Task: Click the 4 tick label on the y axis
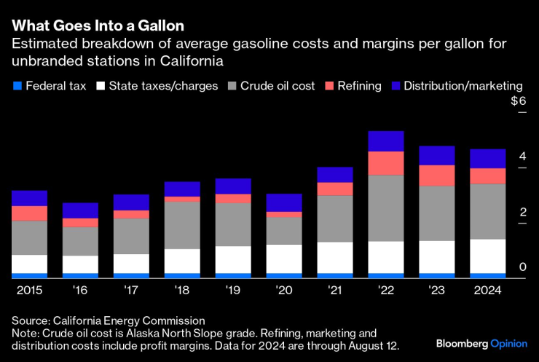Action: tap(522, 157)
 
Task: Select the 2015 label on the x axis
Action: tap(29, 290)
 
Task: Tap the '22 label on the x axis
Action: tap(386, 290)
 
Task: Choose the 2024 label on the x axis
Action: tap(487, 290)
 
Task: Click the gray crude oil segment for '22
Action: tap(386, 208)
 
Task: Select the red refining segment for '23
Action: tap(437, 176)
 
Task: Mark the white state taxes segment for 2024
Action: tap(487, 256)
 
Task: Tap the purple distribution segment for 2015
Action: tap(29, 198)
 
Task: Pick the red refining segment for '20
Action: tap(284, 214)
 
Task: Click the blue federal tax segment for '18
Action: tap(182, 275)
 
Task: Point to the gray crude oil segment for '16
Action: tap(80, 241)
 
